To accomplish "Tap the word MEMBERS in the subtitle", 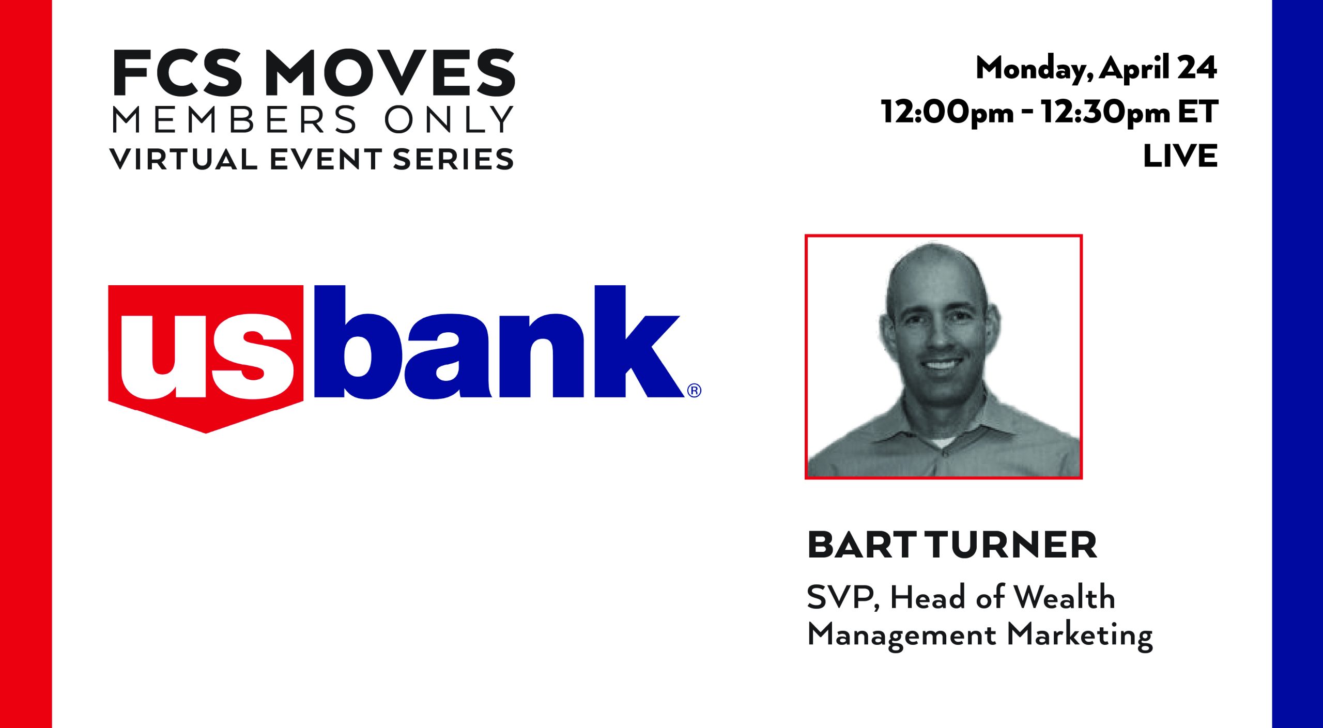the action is click(234, 119).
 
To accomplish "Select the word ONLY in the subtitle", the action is click(448, 119).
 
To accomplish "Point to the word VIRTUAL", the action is click(183, 159).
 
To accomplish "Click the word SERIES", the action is click(453, 159).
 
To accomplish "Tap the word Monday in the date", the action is click(1034, 69).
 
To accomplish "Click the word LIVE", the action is click(1180, 156).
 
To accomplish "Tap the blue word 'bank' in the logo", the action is click(499, 342).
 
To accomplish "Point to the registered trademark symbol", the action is click(695, 391).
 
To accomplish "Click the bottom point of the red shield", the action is click(206, 433).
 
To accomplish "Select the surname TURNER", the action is click(1010, 546).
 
